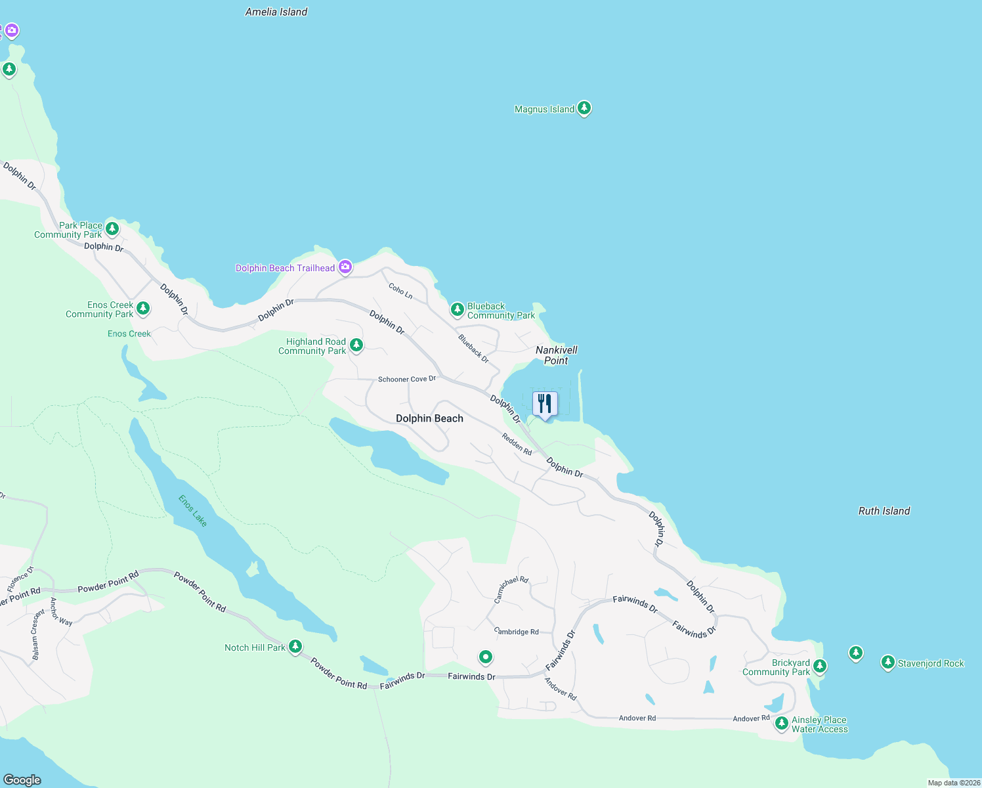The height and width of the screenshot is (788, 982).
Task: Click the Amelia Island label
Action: click(276, 12)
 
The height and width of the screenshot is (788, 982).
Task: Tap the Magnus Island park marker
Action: click(584, 108)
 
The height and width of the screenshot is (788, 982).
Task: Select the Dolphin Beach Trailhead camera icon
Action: click(345, 267)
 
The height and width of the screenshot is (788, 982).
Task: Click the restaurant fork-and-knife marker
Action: click(545, 403)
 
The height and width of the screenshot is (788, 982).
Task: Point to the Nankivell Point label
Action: click(557, 355)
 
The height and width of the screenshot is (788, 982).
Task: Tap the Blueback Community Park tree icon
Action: click(458, 309)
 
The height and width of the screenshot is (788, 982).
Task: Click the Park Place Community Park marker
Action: click(112, 229)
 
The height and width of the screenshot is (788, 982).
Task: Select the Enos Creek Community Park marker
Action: click(142, 308)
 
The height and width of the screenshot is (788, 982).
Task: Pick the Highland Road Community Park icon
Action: click(356, 345)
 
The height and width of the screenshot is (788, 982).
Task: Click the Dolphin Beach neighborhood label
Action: click(429, 418)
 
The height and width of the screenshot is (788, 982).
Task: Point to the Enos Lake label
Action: click(193, 510)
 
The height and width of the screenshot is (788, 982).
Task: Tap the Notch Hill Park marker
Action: click(295, 647)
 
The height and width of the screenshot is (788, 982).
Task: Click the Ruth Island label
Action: click(884, 511)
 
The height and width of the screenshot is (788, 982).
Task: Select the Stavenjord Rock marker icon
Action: click(887, 663)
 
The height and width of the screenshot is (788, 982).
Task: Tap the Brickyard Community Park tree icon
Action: click(819, 667)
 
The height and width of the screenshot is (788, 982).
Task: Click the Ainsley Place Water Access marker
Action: click(781, 724)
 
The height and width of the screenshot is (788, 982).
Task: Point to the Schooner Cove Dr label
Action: click(407, 379)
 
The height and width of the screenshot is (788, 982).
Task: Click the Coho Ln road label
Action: click(400, 291)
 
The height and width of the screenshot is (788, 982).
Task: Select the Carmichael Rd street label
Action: click(511, 590)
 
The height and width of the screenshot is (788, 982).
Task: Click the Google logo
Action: click(22, 779)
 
